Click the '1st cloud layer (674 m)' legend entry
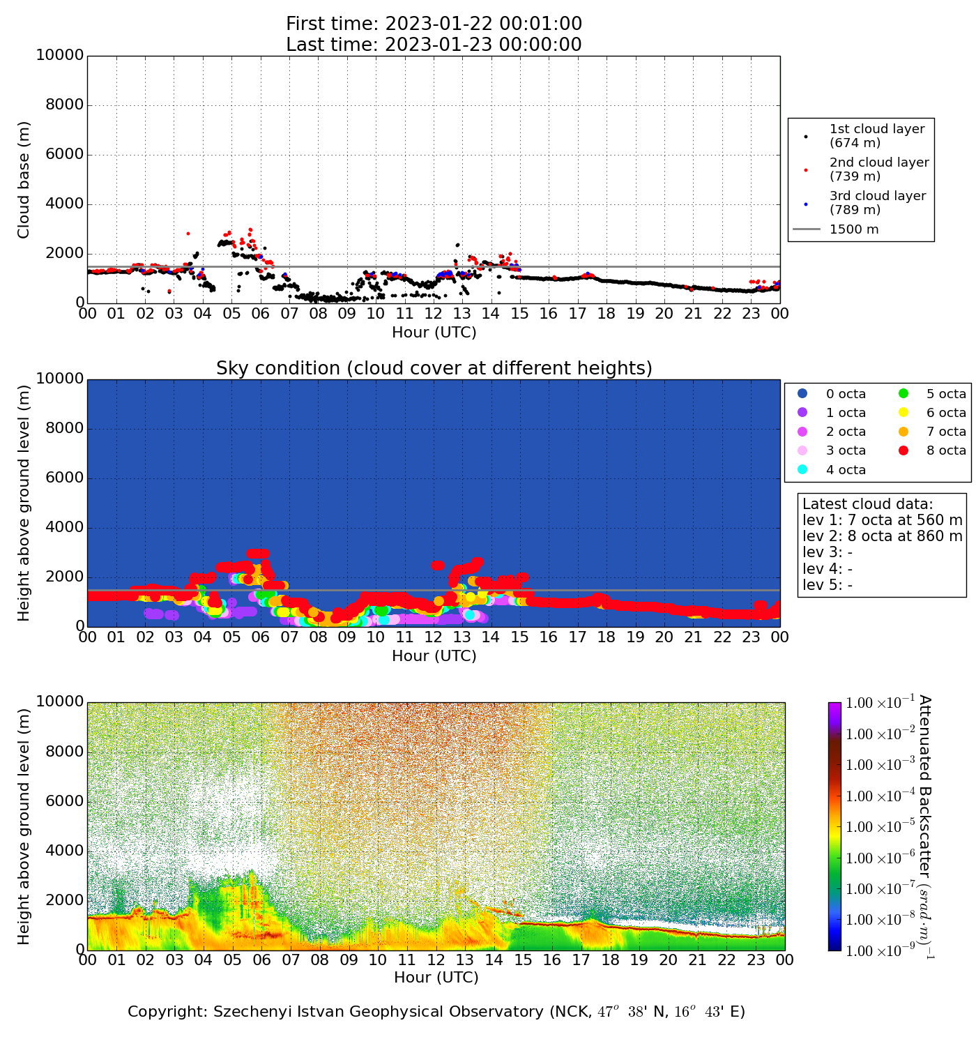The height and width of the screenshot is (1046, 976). (876, 136)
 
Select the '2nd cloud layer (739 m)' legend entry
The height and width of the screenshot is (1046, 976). (878, 169)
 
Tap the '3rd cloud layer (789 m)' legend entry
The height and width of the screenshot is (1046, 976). (877, 203)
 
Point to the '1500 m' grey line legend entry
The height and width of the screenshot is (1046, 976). (853, 229)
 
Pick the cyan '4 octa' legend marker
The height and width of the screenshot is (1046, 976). (802, 469)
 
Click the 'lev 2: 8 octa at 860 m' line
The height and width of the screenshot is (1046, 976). (882, 536)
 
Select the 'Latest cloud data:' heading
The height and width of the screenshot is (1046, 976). (867, 504)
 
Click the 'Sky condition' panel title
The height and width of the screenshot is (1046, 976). (434, 368)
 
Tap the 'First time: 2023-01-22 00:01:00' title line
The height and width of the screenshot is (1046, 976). (434, 24)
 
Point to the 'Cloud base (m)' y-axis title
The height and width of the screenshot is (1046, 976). (24, 180)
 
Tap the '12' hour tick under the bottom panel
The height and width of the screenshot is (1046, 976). (436, 960)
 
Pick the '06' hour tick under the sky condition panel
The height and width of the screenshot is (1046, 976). (260, 637)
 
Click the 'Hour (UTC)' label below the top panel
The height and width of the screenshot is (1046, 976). (434, 333)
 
